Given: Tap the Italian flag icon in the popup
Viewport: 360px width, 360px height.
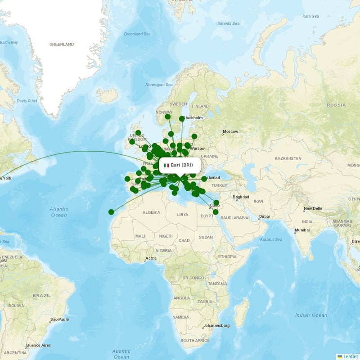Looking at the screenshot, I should point(166,165).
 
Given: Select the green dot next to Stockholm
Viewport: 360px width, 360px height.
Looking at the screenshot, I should point(182,119).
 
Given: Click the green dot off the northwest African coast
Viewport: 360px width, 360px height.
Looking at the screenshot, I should point(111,212).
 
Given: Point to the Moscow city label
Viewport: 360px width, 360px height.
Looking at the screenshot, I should point(230,131).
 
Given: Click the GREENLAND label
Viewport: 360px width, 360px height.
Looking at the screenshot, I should point(61,45).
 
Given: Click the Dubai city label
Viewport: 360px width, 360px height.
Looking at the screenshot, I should point(264,217).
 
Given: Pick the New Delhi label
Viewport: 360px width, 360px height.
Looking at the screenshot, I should point(314,209).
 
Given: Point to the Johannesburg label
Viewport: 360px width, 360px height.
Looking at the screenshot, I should point(216,325).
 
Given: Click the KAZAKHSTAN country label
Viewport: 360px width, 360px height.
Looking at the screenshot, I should point(288,158).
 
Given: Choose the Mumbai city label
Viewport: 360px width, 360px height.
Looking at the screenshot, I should point(302,231).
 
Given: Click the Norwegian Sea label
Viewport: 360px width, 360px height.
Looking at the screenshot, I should point(159,85).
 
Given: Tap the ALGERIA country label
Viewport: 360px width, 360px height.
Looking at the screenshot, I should point(151,212).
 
